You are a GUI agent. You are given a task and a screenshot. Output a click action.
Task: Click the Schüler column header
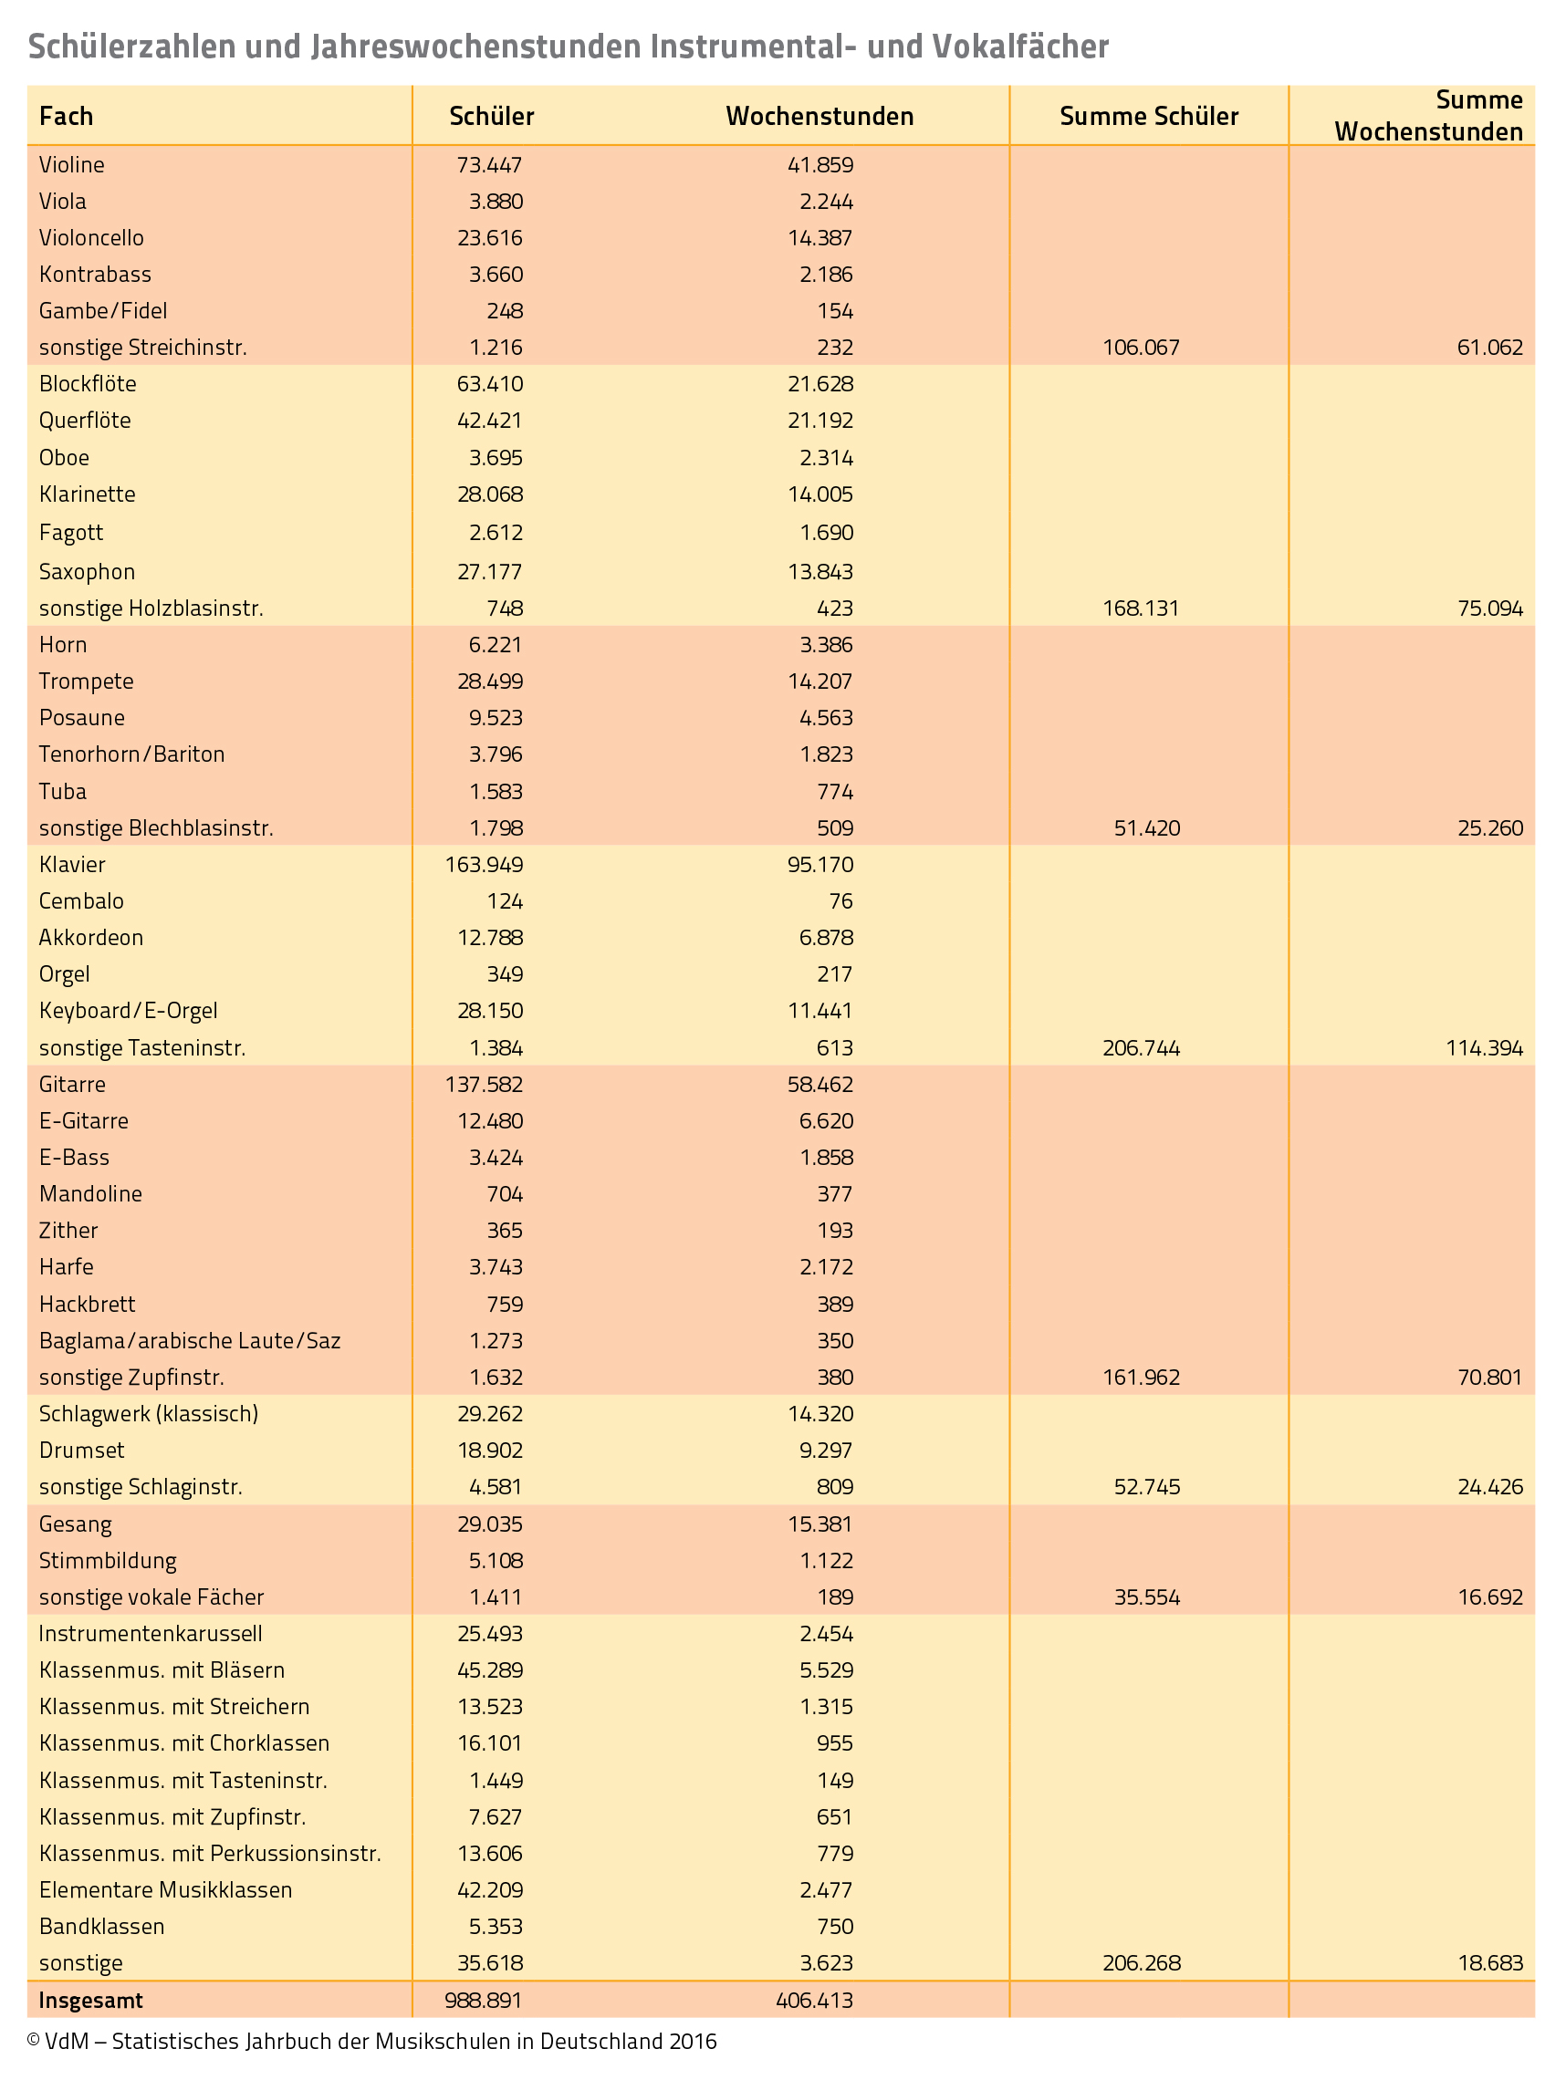(491, 117)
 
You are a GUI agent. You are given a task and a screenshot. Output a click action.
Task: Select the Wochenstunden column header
(820, 117)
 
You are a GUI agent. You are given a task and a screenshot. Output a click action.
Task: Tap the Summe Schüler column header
(1148, 117)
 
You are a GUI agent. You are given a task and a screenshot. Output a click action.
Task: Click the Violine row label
(71, 165)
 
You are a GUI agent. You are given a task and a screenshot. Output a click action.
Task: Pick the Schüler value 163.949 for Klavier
(484, 865)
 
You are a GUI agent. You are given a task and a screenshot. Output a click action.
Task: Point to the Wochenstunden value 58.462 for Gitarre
(820, 1085)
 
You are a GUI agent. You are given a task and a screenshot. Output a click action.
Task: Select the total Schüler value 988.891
(484, 2000)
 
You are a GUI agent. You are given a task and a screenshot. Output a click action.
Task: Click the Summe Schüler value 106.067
(1141, 348)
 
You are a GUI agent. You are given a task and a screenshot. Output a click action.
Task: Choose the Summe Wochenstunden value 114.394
(1484, 1048)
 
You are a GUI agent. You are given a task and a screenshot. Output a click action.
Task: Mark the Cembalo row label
(81, 901)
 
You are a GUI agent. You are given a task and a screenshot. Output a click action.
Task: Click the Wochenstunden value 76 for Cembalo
(840, 901)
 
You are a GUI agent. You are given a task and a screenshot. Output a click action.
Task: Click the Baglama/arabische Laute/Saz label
(189, 1341)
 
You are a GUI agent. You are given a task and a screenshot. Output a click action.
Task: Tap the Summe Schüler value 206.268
(1141, 1963)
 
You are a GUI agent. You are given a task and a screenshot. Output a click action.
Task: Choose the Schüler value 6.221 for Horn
(490, 645)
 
